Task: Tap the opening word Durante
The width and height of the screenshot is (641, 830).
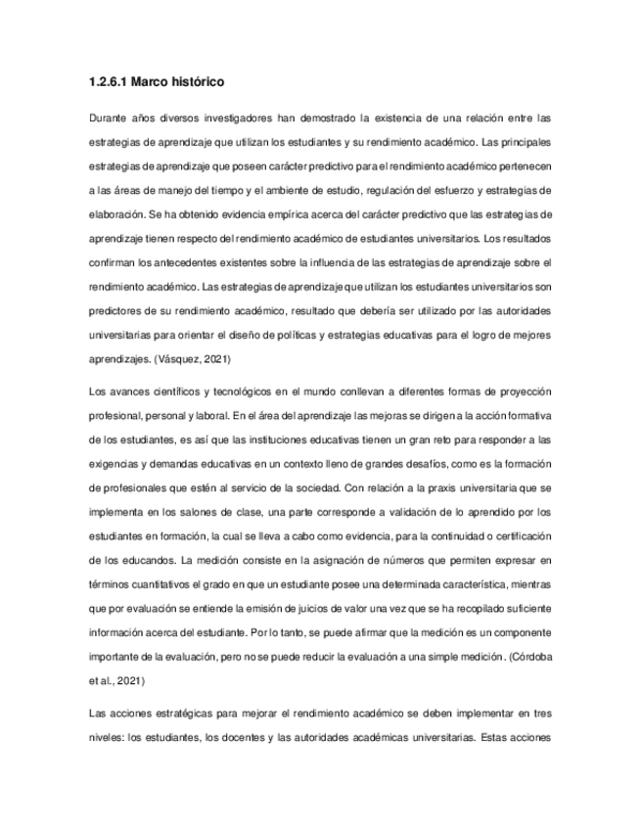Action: (x=108, y=119)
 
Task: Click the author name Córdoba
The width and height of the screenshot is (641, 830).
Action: (x=531, y=654)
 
